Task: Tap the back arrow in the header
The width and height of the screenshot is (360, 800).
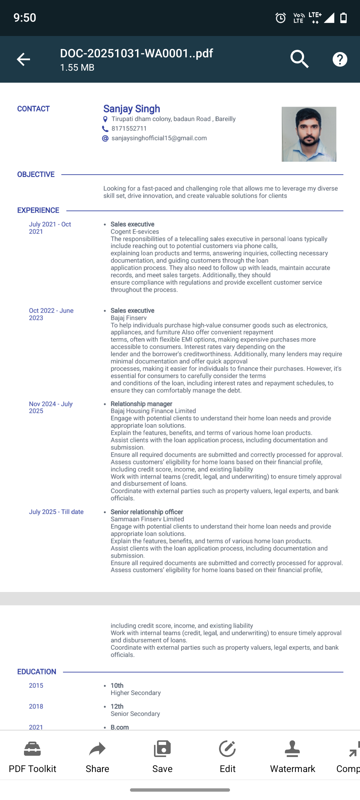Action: pyautogui.click(x=23, y=59)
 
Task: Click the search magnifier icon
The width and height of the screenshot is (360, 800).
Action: pyautogui.click(x=299, y=59)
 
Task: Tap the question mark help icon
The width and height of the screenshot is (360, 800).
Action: pyautogui.click(x=340, y=59)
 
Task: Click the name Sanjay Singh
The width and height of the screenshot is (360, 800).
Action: pyautogui.click(x=132, y=109)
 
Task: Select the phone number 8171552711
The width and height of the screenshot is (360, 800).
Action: pyautogui.click(x=129, y=129)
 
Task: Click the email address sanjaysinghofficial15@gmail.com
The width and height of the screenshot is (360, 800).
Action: pyautogui.click(x=159, y=138)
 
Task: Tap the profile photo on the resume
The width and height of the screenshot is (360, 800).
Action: pyautogui.click(x=309, y=134)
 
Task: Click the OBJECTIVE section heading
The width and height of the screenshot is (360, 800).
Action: pyautogui.click(x=36, y=174)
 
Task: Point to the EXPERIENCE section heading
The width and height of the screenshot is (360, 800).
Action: pyautogui.click(x=38, y=210)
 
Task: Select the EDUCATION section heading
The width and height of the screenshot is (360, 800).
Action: pyautogui.click(x=37, y=672)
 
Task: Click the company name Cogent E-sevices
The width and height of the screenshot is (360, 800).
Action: pyautogui.click(x=135, y=232)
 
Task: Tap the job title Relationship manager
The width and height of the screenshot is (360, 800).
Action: pyautogui.click(x=141, y=404)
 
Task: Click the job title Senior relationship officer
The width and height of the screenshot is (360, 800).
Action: pyautogui.click(x=147, y=512)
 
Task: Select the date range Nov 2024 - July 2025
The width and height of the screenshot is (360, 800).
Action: pyautogui.click(x=51, y=407)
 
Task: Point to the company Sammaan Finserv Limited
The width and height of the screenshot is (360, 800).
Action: pyautogui.click(x=147, y=519)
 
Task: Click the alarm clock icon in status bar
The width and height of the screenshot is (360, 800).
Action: pyautogui.click(x=281, y=18)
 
